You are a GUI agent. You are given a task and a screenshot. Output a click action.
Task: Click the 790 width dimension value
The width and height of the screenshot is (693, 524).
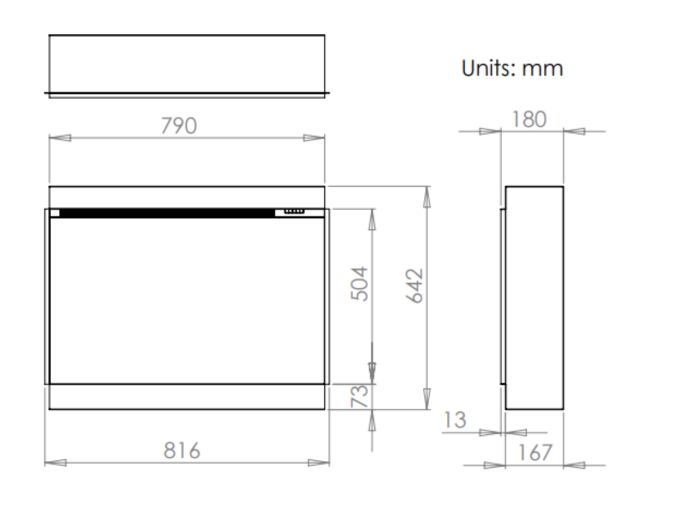179,126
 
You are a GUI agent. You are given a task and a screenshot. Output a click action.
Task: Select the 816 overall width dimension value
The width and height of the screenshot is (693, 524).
182,451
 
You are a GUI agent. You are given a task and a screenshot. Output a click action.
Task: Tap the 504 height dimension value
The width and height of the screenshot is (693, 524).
360,284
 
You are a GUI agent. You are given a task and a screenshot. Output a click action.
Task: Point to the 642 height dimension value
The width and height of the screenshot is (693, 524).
415,285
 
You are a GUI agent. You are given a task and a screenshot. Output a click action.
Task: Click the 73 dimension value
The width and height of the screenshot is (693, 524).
360,396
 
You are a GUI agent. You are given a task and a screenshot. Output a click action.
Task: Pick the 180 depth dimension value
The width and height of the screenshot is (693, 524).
529,119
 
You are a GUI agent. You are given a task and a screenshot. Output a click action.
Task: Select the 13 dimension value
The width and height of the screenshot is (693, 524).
455,421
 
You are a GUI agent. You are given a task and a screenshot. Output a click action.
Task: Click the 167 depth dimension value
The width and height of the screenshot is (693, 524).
534,453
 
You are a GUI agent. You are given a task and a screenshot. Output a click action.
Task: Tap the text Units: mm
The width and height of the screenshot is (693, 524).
512,69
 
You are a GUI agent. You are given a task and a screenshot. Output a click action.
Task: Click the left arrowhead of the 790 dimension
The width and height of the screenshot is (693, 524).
60,138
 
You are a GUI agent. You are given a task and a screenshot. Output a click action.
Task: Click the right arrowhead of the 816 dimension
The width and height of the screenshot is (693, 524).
318,463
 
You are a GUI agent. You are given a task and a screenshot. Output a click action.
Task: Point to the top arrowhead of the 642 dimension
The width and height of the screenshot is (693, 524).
427,197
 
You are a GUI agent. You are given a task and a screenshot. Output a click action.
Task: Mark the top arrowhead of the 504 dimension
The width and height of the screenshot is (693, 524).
372,219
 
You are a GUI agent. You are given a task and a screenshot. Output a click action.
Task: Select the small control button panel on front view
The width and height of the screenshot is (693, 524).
294,211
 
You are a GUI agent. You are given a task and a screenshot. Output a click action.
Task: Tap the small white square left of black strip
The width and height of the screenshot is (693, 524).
54,213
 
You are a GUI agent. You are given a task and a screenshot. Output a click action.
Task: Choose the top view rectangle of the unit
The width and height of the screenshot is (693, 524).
187,64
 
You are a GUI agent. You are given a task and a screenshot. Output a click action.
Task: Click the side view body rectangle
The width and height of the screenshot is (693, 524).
534,298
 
